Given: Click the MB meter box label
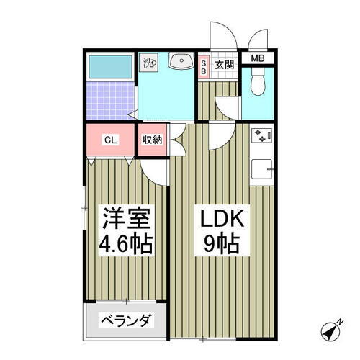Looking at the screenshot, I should tap(257, 59).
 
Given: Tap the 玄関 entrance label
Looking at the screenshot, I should tap(225, 66).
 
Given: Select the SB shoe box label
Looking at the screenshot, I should tap(203, 67).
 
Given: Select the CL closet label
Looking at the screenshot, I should tap(110, 140).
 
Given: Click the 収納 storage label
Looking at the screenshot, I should tap(151, 140).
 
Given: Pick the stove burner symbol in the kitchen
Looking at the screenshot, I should tap(260, 135).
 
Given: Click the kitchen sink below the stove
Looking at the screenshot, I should tap(261, 169).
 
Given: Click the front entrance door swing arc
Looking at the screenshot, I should tap(220, 32).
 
